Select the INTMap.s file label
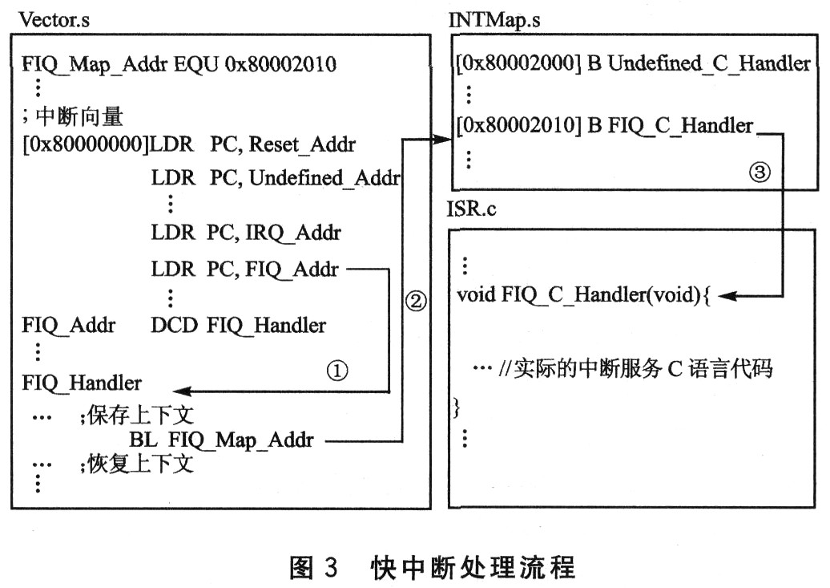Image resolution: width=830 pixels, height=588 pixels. [494, 20]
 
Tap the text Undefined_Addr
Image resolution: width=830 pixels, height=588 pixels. [324, 178]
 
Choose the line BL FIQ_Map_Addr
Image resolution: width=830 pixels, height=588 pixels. [221, 440]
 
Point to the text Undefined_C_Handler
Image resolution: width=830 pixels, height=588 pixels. [709, 64]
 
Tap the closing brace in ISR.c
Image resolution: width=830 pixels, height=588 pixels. [457, 408]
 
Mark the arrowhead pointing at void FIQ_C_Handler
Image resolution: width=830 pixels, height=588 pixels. [726, 295]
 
